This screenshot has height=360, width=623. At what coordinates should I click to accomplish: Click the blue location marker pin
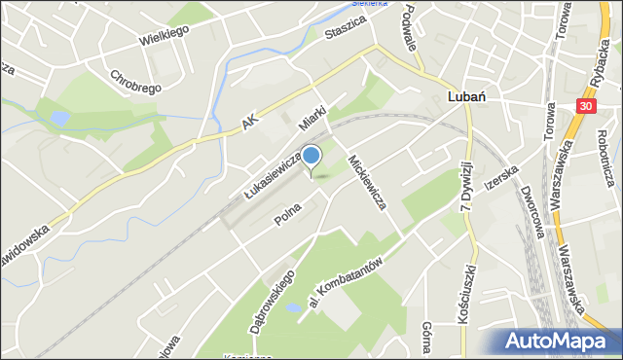pos(311,157)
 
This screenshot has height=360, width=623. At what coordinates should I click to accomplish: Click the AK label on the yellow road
pos(251,119)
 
